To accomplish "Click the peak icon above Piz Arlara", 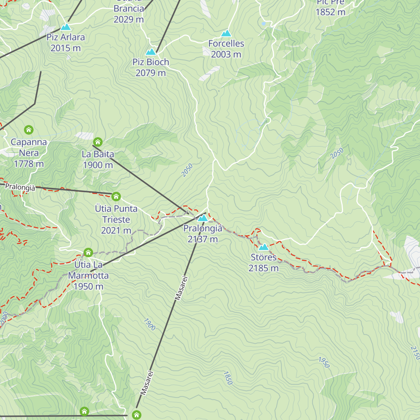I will (x=65, y=27).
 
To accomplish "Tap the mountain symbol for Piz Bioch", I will (x=151, y=52).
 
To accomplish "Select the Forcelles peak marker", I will (x=226, y=33).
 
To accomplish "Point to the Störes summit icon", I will (x=264, y=247).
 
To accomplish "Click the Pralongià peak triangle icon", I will (x=203, y=218).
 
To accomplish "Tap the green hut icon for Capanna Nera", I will (x=29, y=130).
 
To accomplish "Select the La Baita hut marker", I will (x=98, y=142).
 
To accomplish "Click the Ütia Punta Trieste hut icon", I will (x=116, y=196).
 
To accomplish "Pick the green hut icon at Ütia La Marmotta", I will (x=88, y=252).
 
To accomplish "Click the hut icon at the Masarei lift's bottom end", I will (x=136, y=415).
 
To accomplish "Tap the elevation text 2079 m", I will (x=150, y=73).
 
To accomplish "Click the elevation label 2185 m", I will (x=264, y=268).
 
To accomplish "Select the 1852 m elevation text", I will (x=330, y=12).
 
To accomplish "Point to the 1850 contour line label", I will (x=228, y=378).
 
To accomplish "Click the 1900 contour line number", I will (x=149, y=324).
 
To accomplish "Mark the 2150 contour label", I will (x=415, y=353).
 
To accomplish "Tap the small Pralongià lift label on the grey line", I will (x=20, y=187).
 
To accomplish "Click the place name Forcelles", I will (x=226, y=43).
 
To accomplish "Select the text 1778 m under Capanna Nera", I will (x=29, y=163).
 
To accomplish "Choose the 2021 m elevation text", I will (x=116, y=230).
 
